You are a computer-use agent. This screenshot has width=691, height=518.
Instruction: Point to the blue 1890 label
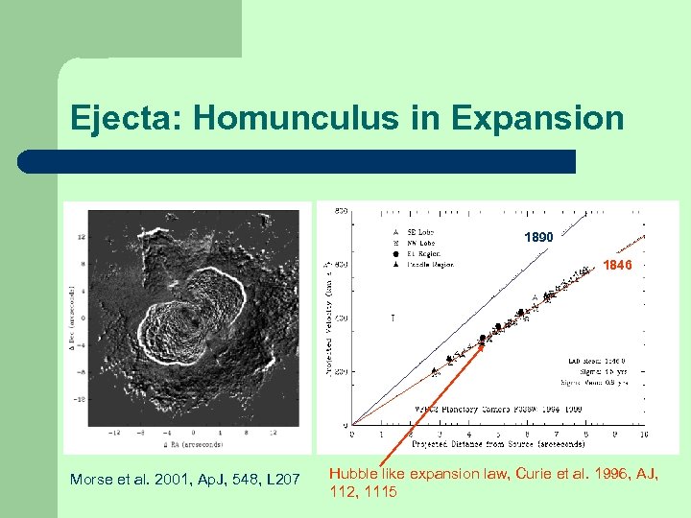pyautogui.click(x=538, y=237)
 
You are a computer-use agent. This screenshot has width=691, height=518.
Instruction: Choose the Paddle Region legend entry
pyautogui.click(x=427, y=264)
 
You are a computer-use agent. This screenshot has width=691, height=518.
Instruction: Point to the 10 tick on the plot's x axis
pyautogui.click(x=642, y=434)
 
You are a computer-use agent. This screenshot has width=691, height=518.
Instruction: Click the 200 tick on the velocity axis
pyautogui.click(x=340, y=371)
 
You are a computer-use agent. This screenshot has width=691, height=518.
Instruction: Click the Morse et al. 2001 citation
pyautogui.click(x=185, y=479)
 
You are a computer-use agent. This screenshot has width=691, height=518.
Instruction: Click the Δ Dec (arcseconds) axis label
pyautogui.click(x=73, y=317)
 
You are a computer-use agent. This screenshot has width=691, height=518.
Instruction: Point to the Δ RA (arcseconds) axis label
pyautogui.click(x=197, y=444)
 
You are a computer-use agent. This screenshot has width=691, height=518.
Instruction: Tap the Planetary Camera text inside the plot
pyautogui.click(x=451, y=407)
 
